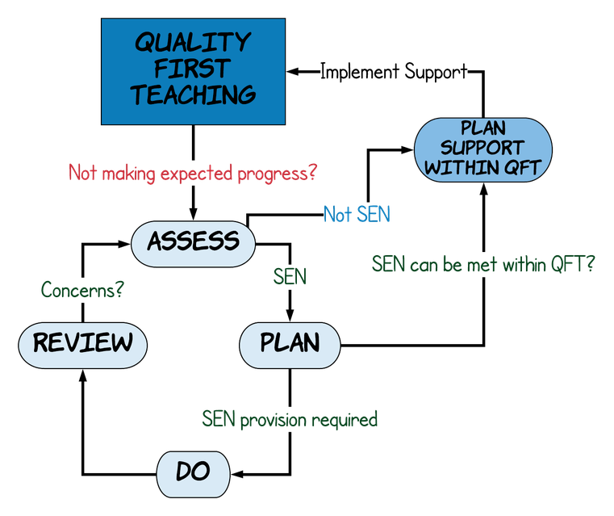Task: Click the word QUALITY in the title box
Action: click(x=193, y=42)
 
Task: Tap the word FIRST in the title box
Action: click(x=193, y=69)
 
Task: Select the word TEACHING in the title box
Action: click(x=193, y=95)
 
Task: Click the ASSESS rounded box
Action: click(x=193, y=241)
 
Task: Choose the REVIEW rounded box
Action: click(x=82, y=343)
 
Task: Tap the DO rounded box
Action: click(x=193, y=472)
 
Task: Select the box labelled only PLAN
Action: click(x=290, y=343)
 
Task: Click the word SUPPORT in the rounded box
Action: click(x=482, y=149)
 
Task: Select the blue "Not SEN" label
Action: click(x=357, y=215)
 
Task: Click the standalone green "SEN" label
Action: click(x=290, y=277)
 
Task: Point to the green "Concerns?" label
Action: click(x=82, y=290)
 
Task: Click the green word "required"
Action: click(x=345, y=421)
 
